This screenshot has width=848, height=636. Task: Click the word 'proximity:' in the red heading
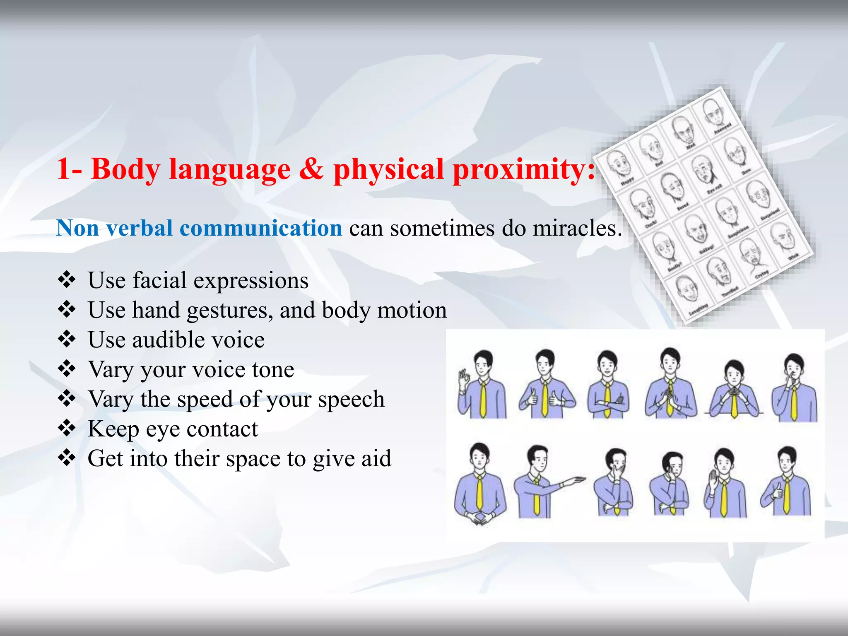[524, 170]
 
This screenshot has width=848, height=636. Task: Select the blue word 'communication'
[260, 228]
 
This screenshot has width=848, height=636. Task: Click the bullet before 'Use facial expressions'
[67, 280]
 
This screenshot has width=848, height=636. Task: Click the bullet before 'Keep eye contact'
[67, 428]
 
